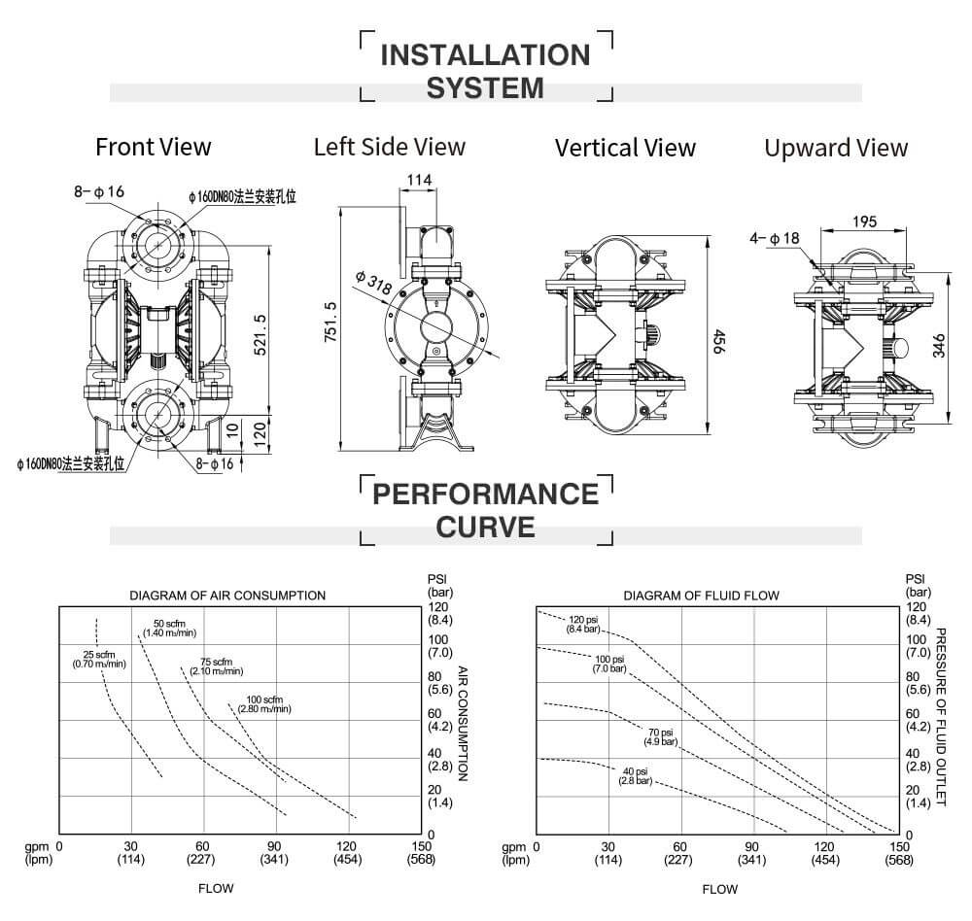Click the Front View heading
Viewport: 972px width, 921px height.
click(x=153, y=147)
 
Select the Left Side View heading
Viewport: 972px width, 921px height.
click(x=389, y=147)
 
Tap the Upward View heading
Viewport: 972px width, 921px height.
click(x=835, y=148)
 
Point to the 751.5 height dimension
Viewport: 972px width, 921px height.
click(x=330, y=321)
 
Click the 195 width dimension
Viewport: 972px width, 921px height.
click(x=864, y=222)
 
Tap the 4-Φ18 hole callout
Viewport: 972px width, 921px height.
click(x=775, y=238)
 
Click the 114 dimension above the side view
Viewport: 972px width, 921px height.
click(x=418, y=180)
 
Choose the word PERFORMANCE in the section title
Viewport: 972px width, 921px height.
click(x=486, y=494)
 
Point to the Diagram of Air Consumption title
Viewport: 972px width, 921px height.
click(x=227, y=596)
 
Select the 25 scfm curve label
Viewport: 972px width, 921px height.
click(x=99, y=659)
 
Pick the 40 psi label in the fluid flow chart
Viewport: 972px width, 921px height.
click(x=636, y=776)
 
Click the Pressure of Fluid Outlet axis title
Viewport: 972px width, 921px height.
click(x=940, y=717)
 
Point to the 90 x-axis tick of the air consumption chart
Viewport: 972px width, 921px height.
click(x=275, y=845)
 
